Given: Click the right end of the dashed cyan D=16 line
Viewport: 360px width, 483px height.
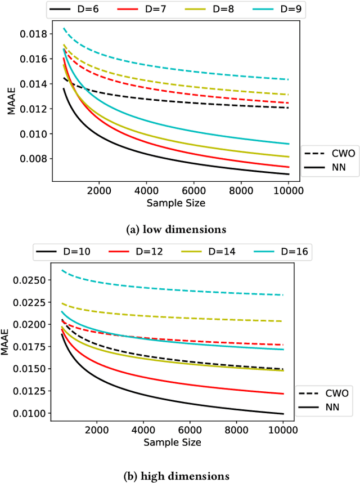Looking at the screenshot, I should (282, 295).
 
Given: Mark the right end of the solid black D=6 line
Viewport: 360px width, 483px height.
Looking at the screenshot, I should (289, 174).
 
